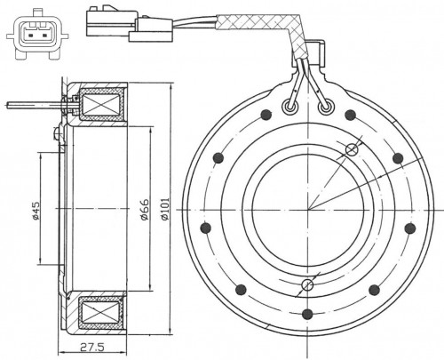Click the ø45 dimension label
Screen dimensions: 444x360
36,211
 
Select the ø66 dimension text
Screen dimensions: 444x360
145,210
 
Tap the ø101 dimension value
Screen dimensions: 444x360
165,209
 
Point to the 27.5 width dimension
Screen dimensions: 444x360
91,347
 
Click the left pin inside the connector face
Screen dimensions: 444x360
30,36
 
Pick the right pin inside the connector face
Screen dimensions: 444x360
44,36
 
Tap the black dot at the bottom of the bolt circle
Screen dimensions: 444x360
308,314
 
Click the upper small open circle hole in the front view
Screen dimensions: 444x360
353,149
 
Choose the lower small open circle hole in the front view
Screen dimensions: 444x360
307,285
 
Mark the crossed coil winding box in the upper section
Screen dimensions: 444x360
101,105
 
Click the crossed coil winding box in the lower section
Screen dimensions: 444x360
101,312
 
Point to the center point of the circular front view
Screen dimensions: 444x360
308,210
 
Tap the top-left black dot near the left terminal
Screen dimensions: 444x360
266,115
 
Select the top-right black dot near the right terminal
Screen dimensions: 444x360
350,115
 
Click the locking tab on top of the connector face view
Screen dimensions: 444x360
37,12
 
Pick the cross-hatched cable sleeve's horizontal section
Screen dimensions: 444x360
256,22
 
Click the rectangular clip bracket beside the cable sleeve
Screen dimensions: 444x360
317,52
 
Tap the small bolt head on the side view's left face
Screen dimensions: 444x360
57,132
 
